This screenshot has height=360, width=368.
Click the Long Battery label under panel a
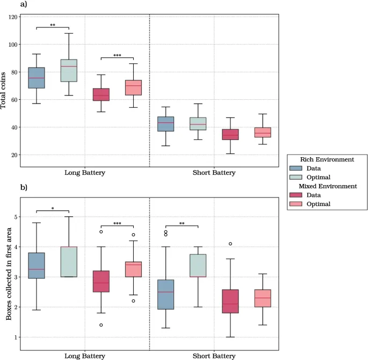tap(84, 173)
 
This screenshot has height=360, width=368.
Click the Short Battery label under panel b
tap(214, 356)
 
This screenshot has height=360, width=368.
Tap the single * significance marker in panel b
tap(53, 208)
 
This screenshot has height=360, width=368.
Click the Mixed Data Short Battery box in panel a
tap(230, 134)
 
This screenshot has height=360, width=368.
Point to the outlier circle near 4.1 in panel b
tap(230, 244)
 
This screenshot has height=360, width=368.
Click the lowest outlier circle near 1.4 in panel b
tap(101, 325)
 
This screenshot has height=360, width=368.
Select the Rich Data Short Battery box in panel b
tap(165, 295)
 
